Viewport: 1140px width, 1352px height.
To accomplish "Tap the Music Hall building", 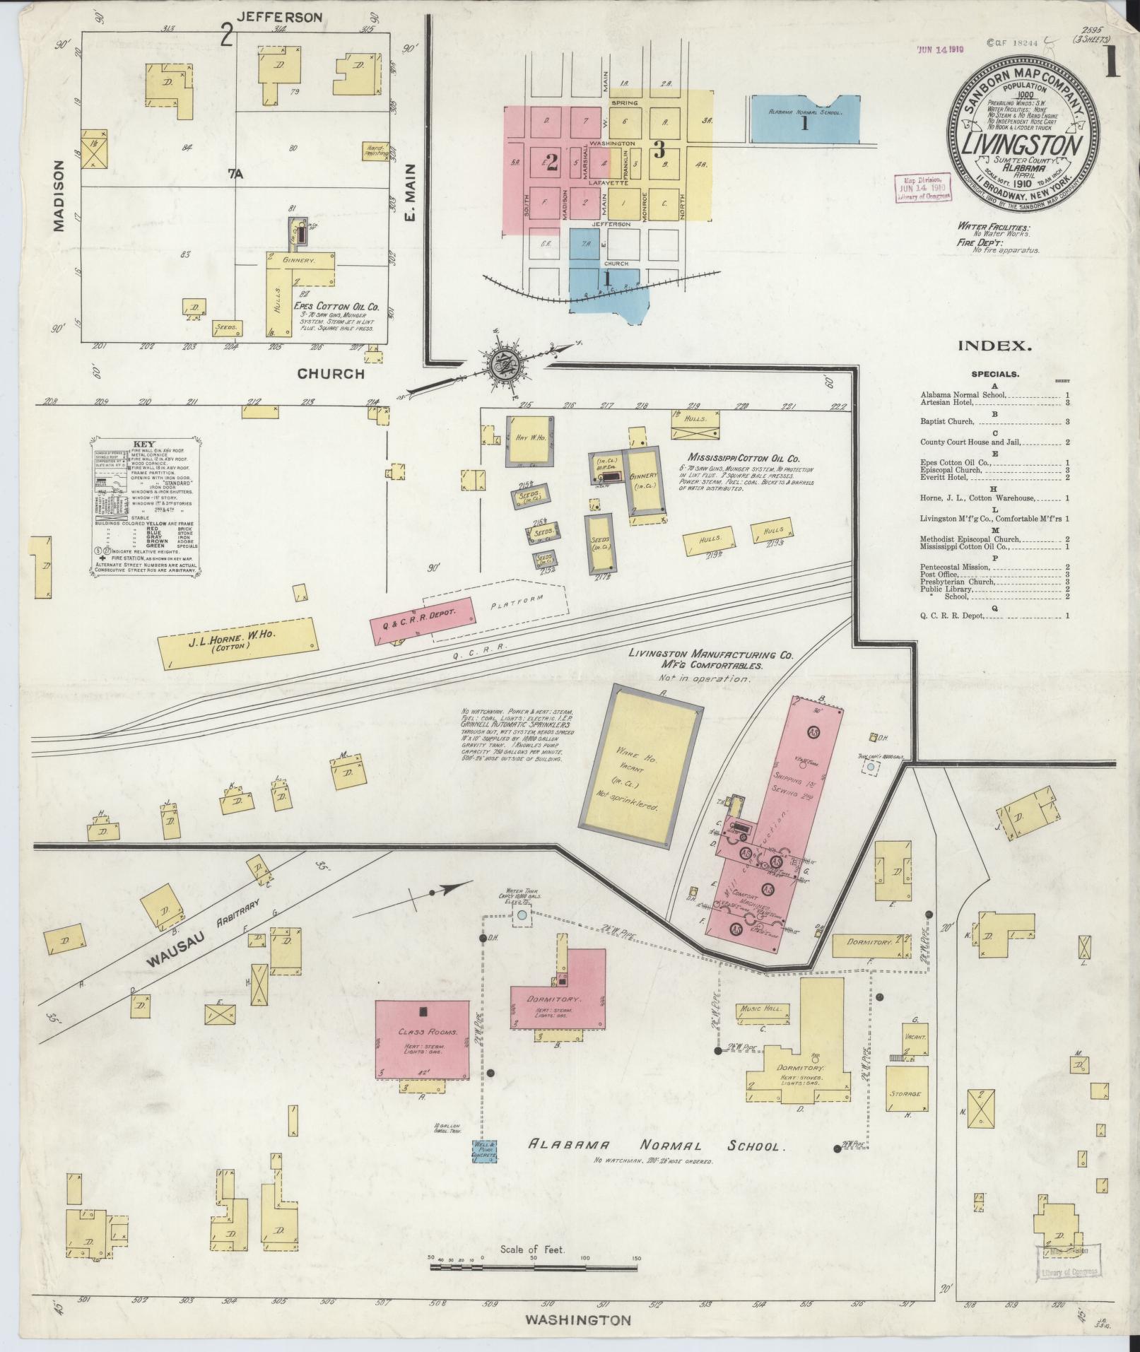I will click(761, 1009).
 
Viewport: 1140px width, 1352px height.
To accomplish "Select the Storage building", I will click(906, 1093).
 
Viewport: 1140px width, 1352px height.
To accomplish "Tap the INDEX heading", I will click(994, 346).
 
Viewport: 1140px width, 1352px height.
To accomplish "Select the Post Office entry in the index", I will click(940, 574).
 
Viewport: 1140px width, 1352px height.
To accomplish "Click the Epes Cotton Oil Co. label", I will click(336, 307).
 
